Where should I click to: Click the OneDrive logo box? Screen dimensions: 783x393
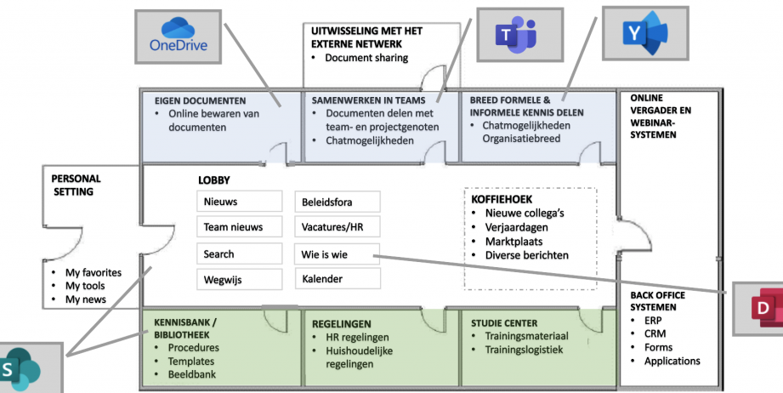pyautogui.click(x=178, y=37)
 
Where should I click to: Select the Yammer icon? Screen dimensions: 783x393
pyautogui.click(x=645, y=33)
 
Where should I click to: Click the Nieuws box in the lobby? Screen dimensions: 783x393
pyautogui.click(x=239, y=202)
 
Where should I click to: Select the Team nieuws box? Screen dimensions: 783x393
pyautogui.click(x=239, y=227)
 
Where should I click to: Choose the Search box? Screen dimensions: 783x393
pyautogui.click(x=239, y=253)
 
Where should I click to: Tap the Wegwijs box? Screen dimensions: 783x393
pyautogui.click(x=239, y=279)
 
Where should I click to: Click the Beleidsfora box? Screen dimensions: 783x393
pyautogui.click(x=337, y=202)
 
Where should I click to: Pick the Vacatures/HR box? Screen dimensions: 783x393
pyautogui.click(x=337, y=227)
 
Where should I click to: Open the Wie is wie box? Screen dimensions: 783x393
pyautogui.click(x=337, y=254)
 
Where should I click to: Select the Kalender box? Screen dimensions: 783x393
pyautogui.click(x=337, y=279)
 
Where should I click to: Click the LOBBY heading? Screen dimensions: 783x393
pyautogui.click(x=214, y=180)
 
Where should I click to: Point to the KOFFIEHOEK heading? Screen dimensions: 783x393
pyautogui.click(x=502, y=199)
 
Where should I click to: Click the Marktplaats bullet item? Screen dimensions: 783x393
pyautogui.click(x=513, y=242)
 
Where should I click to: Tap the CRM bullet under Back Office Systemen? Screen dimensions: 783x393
pyautogui.click(x=655, y=333)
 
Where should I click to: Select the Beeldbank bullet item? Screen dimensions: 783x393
pyautogui.click(x=192, y=374)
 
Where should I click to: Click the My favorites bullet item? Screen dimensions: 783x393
pyautogui.click(x=94, y=273)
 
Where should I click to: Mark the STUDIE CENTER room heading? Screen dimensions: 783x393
pyautogui.click(x=504, y=323)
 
